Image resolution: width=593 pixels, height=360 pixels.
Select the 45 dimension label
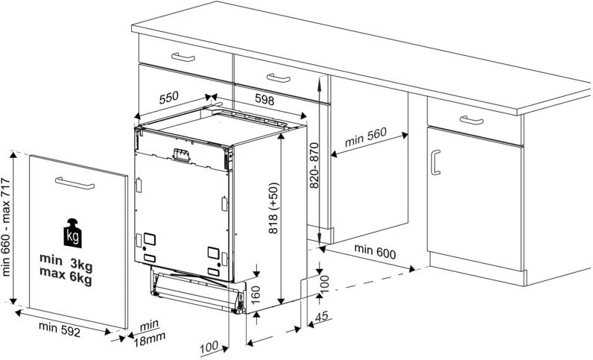(322, 318)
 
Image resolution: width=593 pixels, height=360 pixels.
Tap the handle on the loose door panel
(76, 183)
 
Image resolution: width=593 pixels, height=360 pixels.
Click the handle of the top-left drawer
(183, 57)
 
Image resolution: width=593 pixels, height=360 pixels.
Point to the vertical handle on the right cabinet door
(436, 162)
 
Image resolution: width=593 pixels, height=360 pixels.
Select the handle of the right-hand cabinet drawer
(472, 121)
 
